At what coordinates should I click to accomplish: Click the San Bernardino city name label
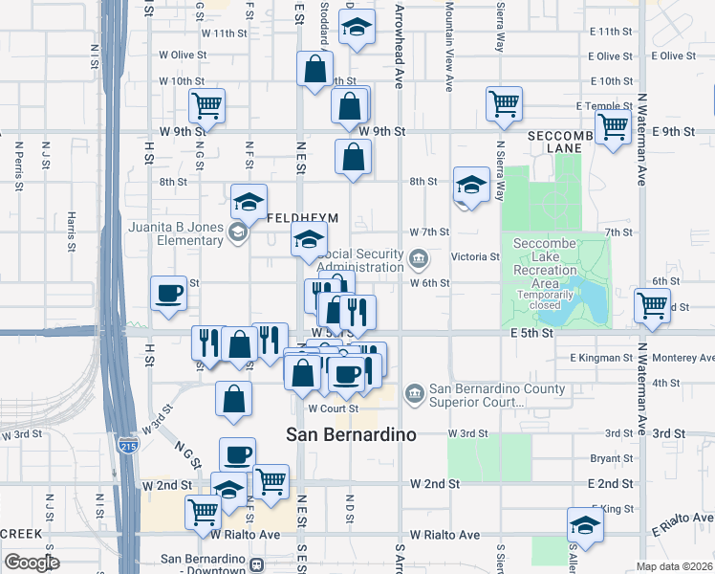pos(352,434)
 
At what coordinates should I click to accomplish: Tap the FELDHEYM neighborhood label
pos(302,218)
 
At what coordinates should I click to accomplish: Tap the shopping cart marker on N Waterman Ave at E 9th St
pos(612,125)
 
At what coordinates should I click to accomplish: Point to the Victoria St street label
pos(482,256)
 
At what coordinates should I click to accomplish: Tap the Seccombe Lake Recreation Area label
pos(545,263)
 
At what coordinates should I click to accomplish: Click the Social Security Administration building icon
pos(418,258)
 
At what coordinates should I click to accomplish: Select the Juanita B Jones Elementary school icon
pos(236,232)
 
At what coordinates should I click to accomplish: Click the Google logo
pos(32,563)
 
